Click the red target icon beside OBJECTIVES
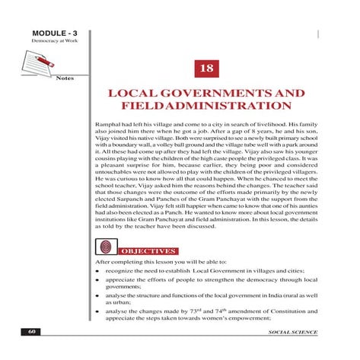[x=108, y=248]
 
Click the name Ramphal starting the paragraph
[x=104, y=122]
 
